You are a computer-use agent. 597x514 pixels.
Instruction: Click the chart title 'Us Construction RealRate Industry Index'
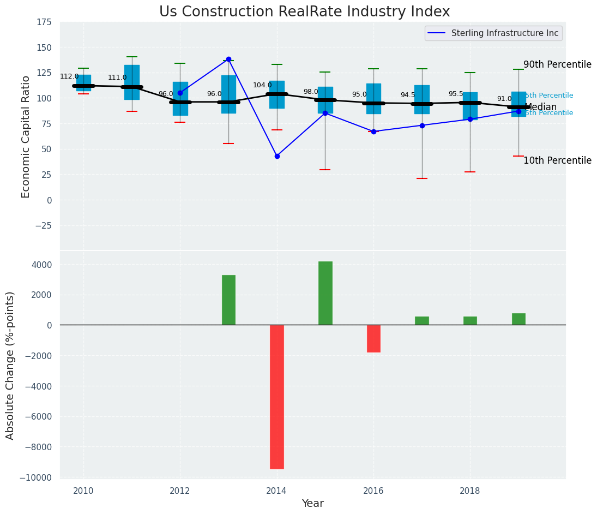[x=304, y=12]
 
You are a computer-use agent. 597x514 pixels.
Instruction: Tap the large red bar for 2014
[x=277, y=397]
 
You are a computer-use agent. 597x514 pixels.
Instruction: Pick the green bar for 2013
[x=228, y=300]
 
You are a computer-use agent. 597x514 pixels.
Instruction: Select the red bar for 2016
[x=373, y=338]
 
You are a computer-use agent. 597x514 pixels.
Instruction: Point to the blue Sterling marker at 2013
[x=228, y=59]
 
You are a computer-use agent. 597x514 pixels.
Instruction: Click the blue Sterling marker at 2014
[x=277, y=156]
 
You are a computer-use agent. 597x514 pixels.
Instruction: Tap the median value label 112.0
[x=69, y=76]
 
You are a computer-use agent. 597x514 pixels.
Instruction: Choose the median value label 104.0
[x=262, y=85]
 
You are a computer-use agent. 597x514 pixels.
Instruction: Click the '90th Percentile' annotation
[x=557, y=64]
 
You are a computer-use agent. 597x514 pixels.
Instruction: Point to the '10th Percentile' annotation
[x=557, y=160]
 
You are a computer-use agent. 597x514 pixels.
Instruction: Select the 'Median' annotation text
[x=540, y=107]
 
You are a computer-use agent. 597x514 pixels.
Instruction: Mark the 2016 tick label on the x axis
[x=373, y=491]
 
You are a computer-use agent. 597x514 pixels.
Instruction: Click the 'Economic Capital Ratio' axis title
[x=26, y=136]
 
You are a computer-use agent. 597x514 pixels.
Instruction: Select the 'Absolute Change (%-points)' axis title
[x=10, y=365]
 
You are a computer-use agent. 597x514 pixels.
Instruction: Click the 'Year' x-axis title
[x=312, y=504]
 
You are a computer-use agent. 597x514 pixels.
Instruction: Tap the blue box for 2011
[x=132, y=82]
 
